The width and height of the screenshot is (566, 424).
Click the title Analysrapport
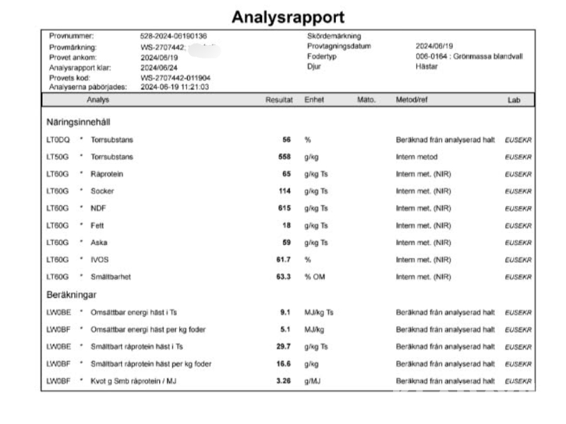(x=288, y=17)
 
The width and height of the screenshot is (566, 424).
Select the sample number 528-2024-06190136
(x=173, y=36)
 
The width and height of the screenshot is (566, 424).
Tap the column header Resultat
(x=279, y=100)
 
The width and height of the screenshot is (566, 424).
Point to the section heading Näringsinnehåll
(x=79, y=121)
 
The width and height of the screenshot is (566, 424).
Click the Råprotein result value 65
(x=286, y=174)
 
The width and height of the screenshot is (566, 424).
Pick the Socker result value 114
(x=284, y=191)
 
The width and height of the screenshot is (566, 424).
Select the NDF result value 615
(x=284, y=209)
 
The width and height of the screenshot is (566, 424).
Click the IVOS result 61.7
(x=284, y=259)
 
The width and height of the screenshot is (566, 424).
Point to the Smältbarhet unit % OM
(x=314, y=277)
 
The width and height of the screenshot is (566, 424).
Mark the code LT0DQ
(x=58, y=139)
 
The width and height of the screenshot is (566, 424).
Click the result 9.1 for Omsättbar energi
(x=285, y=312)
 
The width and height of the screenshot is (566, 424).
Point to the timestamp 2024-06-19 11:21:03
(x=175, y=87)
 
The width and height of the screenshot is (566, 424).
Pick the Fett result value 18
(x=286, y=226)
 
